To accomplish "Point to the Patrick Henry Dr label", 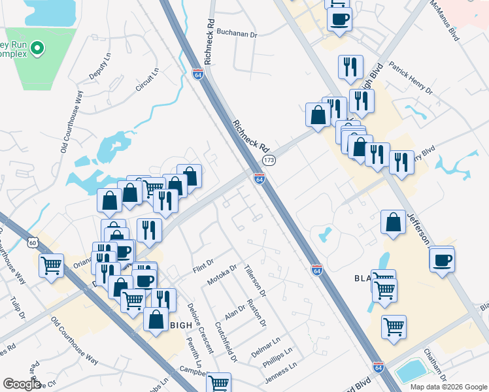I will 411,78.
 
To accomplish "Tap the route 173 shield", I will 268,160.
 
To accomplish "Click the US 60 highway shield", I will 33,242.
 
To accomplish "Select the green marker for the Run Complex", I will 37,48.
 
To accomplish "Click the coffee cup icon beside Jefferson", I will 443,260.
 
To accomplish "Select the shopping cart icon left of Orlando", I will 51,266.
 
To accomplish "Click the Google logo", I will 22,384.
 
